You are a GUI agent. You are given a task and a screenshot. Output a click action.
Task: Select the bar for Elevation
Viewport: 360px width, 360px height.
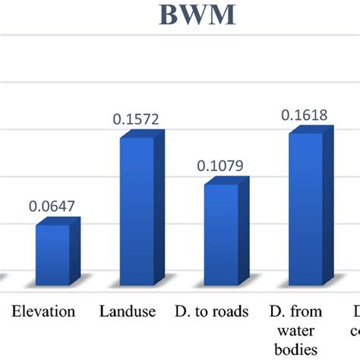52,252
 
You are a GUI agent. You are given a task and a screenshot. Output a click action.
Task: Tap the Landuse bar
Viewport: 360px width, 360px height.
137,209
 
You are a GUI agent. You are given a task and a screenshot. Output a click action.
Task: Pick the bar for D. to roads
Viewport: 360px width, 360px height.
221,232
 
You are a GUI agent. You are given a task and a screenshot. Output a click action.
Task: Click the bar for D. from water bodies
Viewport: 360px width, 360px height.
305,207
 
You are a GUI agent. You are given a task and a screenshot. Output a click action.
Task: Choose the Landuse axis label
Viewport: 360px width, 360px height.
128,311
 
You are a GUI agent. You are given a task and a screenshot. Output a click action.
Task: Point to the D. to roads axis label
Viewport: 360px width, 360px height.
216,311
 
